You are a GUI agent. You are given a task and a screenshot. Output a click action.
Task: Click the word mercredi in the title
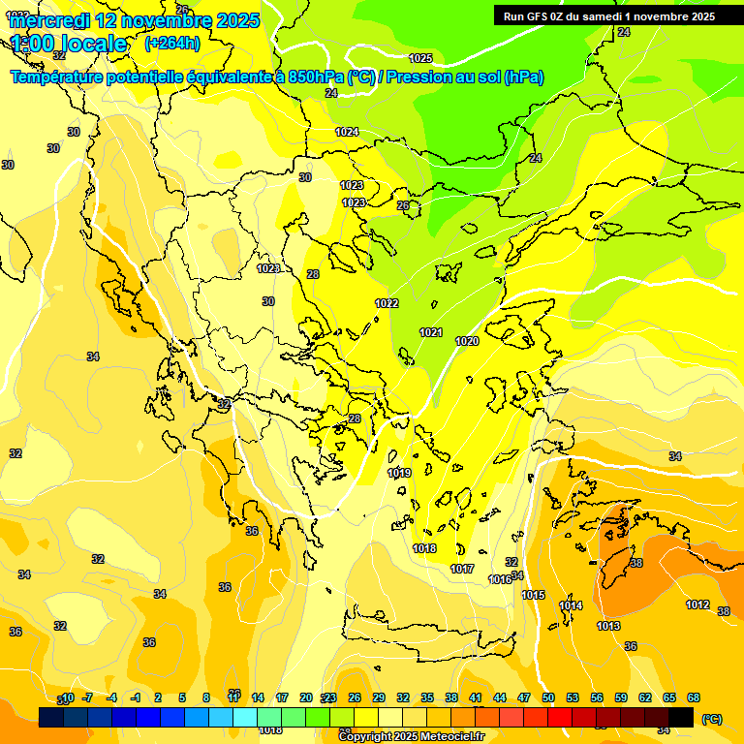tap(49, 19)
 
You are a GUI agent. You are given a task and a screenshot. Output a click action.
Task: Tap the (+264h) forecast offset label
tap(172, 43)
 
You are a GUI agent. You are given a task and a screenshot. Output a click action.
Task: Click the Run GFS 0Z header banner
tap(608, 15)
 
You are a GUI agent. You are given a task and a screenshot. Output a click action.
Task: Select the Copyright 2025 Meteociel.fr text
tap(412, 737)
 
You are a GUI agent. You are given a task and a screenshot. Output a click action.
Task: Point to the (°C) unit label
tap(712, 719)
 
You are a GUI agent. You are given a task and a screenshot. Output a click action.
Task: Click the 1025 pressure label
tap(420, 59)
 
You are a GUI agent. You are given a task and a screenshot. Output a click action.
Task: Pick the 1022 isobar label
tap(387, 303)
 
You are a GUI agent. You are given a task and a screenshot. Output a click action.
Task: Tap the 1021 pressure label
tap(431, 333)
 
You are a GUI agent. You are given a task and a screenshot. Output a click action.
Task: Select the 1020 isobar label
tap(467, 341)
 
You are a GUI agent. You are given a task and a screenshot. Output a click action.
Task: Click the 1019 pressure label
tap(399, 473)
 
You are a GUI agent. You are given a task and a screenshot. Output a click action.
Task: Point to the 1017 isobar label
tap(462, 569)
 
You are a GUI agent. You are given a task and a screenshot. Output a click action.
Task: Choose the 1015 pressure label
tap(533, 595)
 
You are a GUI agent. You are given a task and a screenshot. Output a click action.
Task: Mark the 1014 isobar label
tap(571, 605)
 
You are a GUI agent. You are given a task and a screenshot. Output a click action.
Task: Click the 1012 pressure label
tap(697, 604)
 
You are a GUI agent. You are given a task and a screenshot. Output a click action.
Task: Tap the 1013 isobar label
tap(607, 626)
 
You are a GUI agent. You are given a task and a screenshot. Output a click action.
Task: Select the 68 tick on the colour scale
tap(693, 697)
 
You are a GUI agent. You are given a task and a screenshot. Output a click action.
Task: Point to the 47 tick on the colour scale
tap(524, 697)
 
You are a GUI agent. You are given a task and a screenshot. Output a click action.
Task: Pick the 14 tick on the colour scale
tap(258, 697)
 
